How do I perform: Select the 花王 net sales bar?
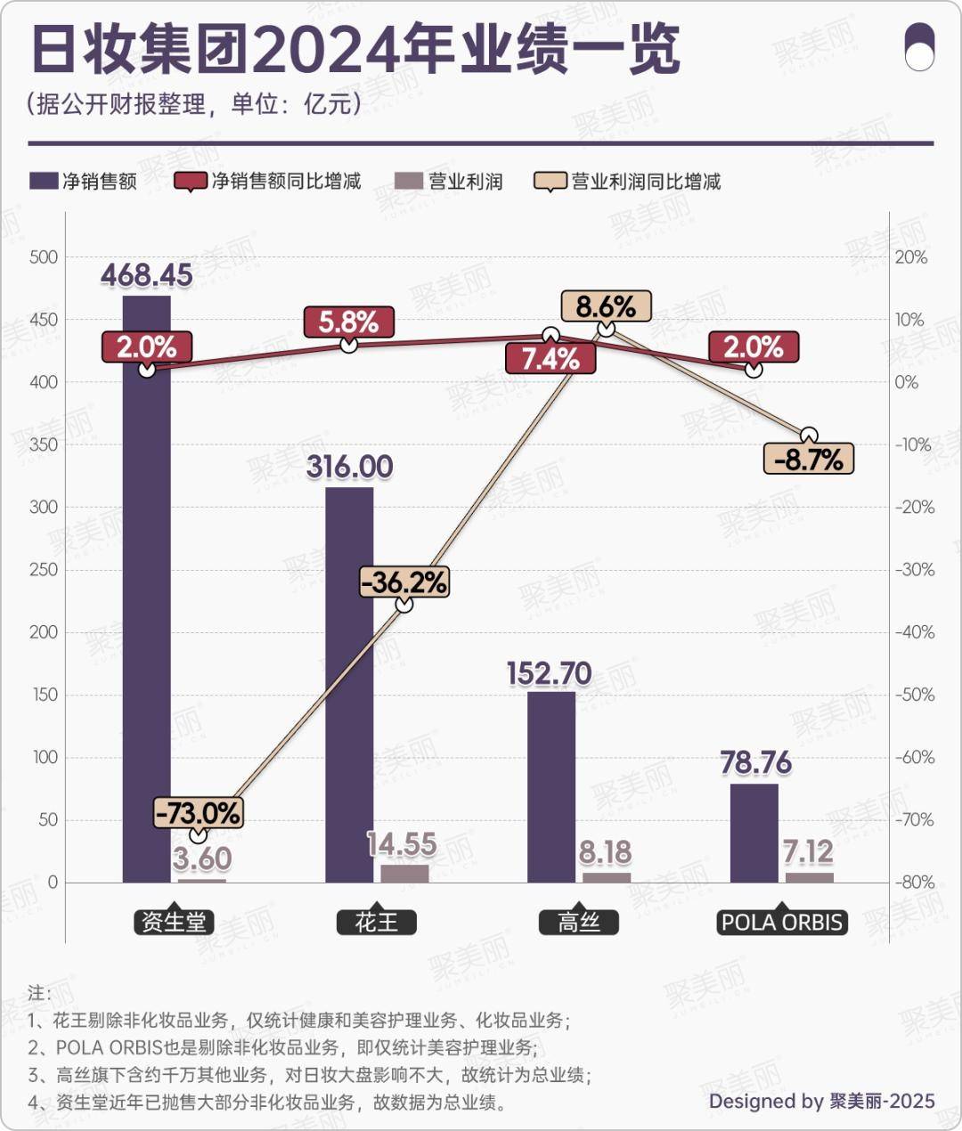point(349,686)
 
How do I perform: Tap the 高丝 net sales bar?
point(550,787)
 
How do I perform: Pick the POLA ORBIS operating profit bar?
point(809,877)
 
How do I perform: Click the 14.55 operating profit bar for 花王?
point(404,873)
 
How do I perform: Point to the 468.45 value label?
point(146,275)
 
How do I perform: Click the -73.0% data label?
point(198,812)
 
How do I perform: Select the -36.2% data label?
point(404,582)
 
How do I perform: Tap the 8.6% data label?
point(606,307)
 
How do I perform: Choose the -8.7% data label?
point(808,460)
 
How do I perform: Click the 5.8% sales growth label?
point(348,321)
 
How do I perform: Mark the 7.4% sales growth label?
point(550,359)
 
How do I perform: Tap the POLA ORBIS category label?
point(781,922)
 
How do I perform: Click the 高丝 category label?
point(579,922)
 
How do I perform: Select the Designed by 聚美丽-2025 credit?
point(821,1102)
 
